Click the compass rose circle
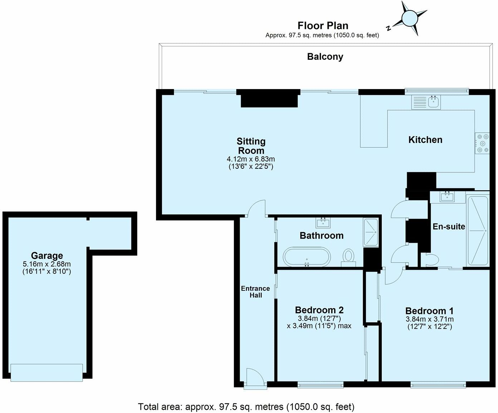tap(410, 18)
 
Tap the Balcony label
tap(325, 57)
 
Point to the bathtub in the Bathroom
tap(307, 257)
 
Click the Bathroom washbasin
tap(323, 223)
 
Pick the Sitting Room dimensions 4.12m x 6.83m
tap(251, 159)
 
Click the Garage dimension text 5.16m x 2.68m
tap(47, 264)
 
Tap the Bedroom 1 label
tap(429, 311)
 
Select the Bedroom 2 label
tap(319, 310)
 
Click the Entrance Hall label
tap(255, 292)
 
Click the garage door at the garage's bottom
tap(47, 373)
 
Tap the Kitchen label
tap(425, 140)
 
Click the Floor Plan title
tap(323, 25)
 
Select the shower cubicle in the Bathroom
tap(371, 232)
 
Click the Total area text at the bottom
tap(246, 407)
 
